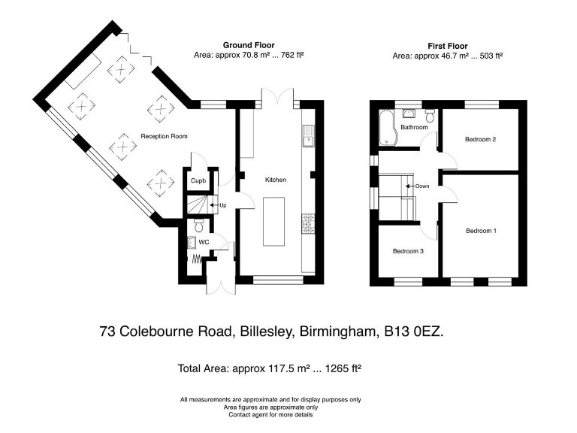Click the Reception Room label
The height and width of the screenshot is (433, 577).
[x=164, y=136]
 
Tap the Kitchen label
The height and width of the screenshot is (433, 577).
[x=276, y=180]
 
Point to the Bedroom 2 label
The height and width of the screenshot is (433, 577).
[x=480, y=139]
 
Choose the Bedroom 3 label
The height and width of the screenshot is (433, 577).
[x=408, y=251]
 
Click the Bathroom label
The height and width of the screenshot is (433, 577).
[x=413, y=127]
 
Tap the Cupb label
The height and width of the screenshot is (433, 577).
[x=198, y=181]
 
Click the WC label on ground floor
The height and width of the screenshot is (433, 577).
[x=204, y=242]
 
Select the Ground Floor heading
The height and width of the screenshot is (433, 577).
[x=242, y=45]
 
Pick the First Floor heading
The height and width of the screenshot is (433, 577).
[x=447, y=45]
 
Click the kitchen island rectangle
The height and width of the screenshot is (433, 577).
[x=273, y=221]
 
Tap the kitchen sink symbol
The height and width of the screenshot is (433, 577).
[x=308, y=136]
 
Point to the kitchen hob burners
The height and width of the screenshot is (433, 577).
[x=308, y=223]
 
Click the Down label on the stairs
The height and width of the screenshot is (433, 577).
[x=421, y=186]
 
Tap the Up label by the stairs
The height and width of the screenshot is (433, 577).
[x=223, y=204]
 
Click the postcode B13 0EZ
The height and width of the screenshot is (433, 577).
[x=413, y=331]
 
